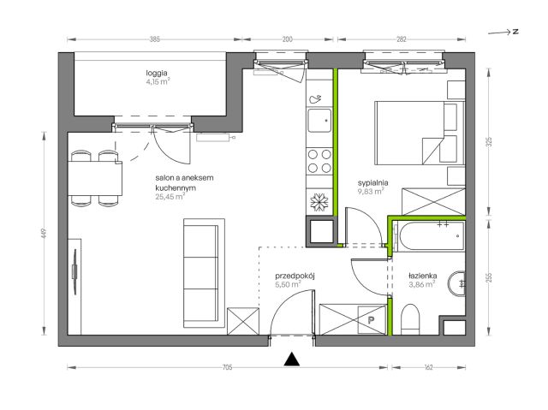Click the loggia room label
pyautogui.click(x=157, y=73)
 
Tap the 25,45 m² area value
pyautogui.click(x=170, y=197)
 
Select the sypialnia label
pyautogui.click(x=373, y=182)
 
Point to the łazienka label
pyautogui.click(x=422, y=276)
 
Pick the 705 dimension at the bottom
pyautogui.click(x=227, y=367)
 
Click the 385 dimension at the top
pyautogui.click(x=154, y=39)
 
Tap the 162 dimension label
pyautogui.click(x=428, y=367)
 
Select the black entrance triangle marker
pyautogui.click(x=291, y=359)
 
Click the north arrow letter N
pyautogui.click(x=515, y=32)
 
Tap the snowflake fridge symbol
pyautogui.click(x=319, y=202)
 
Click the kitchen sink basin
pyautogui.click(x=319, y=120)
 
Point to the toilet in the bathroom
pyautogui.click(x=410, y=319)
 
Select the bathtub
pyautogui.click(x=429, y=236)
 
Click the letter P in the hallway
pyautogui.click(x=371, y=319)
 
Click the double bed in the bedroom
pyautogui.click(x=420, y=133)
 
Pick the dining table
pyautogui.click(x=95, y=178)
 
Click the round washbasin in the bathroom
pyautogui.click(x=456, y=283)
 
